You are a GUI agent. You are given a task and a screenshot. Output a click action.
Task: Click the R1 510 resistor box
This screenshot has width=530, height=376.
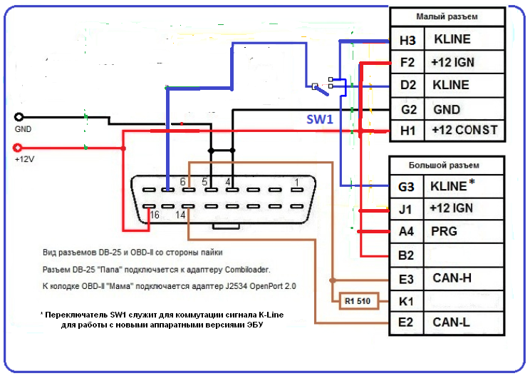click(358, 300)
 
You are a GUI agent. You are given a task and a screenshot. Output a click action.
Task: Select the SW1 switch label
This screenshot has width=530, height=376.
click(320, 120)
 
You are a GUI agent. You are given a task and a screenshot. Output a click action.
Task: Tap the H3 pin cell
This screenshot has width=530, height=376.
click(407, 39)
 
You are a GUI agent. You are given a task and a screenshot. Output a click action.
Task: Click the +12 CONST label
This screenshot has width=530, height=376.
click(464, 131)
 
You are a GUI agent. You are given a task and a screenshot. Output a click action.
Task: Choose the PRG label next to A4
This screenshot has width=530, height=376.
click(444, 231)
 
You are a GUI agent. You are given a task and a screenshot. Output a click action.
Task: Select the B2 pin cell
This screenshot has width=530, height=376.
click(407, 254)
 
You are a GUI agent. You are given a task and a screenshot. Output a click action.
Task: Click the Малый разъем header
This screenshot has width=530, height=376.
click(447, 16)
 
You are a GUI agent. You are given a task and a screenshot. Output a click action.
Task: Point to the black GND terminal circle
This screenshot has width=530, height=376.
click(19, 117)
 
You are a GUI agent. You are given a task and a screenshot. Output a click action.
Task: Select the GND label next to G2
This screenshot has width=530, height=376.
click(447, 109)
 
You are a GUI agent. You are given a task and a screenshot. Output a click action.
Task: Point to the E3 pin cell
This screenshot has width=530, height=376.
click(407, 278)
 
